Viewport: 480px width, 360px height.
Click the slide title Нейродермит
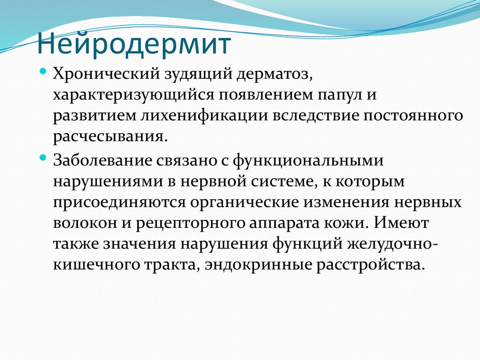coord(134,45)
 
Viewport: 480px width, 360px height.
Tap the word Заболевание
coord(102,160)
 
